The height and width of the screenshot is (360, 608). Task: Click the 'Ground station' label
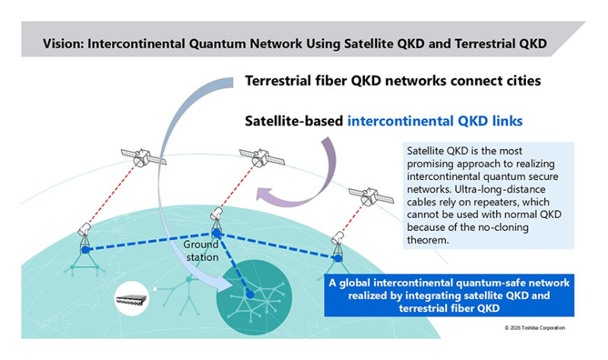point(201,251)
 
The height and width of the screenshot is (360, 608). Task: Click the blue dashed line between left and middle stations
point(152,242)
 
